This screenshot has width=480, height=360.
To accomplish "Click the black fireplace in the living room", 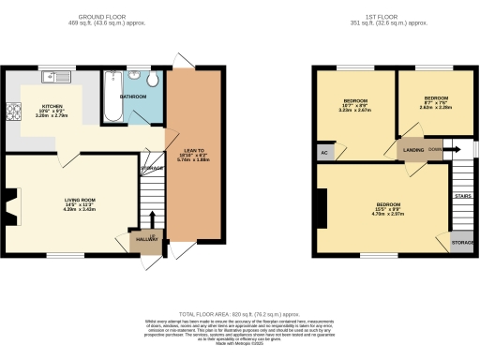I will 10,203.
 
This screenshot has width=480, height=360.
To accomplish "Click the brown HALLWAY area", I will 143,243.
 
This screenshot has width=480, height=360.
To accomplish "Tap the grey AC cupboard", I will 323,151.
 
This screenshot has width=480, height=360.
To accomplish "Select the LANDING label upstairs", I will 413,149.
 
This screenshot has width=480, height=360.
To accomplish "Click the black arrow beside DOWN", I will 451,148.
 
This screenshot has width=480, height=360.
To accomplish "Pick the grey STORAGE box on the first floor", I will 462,243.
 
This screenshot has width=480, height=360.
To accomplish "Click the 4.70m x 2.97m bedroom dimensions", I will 388,214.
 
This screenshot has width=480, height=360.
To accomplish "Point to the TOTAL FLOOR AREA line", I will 238,314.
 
